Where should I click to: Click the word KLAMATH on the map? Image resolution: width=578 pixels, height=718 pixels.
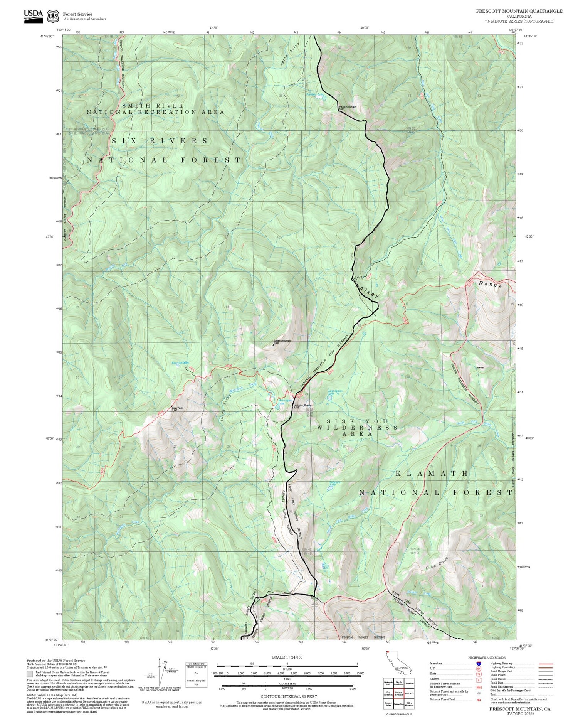click(432, 473)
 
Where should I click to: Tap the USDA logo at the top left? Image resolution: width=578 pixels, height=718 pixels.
click(34, 16)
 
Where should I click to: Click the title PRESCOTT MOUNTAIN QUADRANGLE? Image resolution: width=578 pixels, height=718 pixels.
click(519, 11)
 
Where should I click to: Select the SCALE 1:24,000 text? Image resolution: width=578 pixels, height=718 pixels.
click(287, 657)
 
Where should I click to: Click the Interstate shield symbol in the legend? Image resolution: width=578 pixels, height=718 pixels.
click(478, 663)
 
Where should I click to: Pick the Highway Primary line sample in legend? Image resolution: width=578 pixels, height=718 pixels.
click(543, 664)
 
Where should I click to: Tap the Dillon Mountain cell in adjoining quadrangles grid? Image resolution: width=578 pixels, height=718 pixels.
click(409, 703)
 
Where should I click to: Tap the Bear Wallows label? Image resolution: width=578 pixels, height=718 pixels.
click(180, 363)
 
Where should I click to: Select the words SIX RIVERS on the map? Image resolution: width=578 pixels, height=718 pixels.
click(160, 141)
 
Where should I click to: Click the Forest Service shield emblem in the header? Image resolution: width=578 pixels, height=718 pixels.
click(53, 17)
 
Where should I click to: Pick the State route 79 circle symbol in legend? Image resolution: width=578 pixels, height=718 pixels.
click(478, 674)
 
